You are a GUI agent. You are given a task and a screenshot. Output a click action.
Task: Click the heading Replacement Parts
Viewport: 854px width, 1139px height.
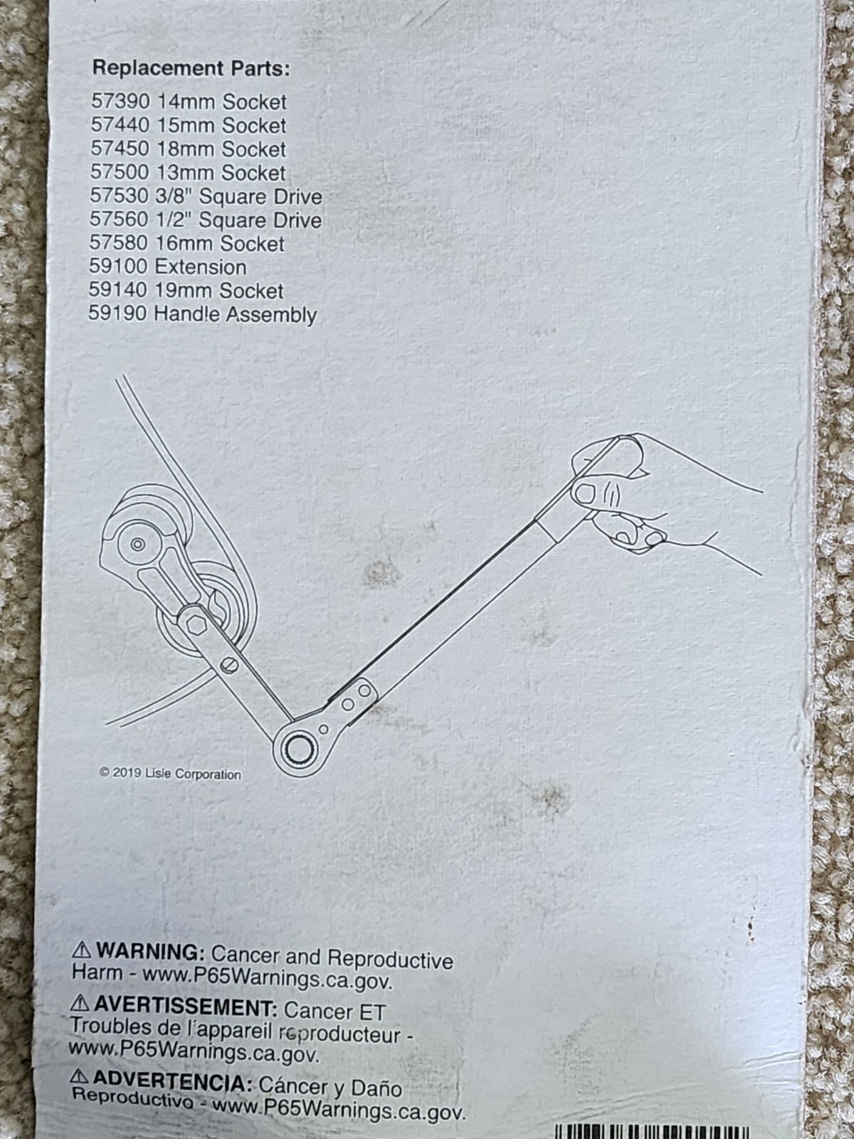(191, 69)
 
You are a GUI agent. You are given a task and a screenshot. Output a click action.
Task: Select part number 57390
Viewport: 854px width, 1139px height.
(120, 102)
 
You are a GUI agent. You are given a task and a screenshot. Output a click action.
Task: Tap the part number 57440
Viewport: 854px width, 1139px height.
(120, 125)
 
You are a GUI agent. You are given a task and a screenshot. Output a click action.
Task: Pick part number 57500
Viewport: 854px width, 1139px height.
(119, 172)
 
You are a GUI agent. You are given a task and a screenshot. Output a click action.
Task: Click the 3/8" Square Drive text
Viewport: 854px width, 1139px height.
(238, 196)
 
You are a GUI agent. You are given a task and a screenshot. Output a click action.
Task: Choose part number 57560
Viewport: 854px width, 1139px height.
(118, 220)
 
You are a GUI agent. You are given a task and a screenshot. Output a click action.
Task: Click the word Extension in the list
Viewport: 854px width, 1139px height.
(201, 267)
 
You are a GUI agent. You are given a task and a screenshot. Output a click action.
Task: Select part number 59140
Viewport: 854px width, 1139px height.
(117, 290)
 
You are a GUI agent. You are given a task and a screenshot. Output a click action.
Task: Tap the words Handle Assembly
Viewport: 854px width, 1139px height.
(235, 314)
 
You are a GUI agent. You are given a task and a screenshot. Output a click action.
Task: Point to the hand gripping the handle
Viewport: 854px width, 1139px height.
(626, 498)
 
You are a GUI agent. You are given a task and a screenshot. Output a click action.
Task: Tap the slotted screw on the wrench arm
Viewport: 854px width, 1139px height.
(227, 664)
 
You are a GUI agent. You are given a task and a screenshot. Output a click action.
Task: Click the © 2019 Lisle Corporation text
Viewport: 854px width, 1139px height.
(170, 774)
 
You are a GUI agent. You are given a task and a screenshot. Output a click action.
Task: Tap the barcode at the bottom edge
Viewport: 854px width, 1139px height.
(651, 1131)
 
